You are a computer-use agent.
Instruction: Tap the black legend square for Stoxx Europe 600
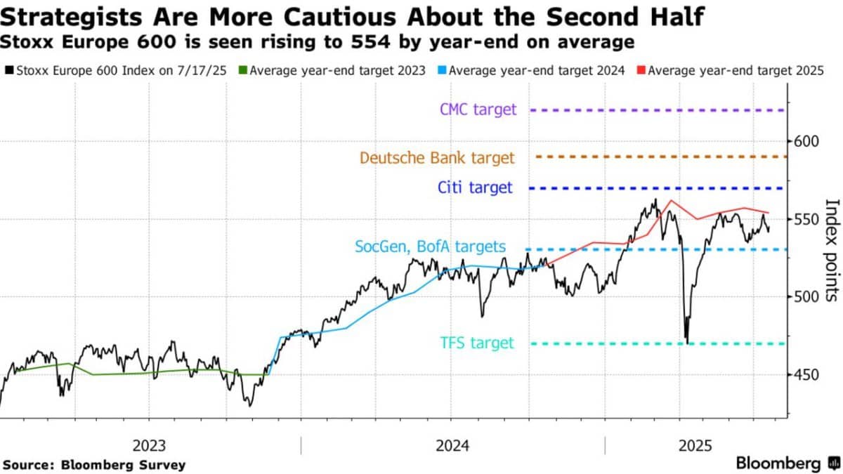(x=9, y=70)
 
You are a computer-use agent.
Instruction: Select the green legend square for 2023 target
(x=243, y=70)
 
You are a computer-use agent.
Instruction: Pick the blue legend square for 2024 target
(x=442, y=70)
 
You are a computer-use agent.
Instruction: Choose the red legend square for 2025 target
(x=641, y=70)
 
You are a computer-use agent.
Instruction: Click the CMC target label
(x=478, y=110)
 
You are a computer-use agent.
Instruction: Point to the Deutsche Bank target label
(x=437, y=157)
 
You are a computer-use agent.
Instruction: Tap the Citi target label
(x=475, y=187)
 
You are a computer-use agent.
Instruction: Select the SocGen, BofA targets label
(x=430, y=246)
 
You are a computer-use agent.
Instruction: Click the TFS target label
(x=477, y=343)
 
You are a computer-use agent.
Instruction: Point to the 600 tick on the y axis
(x=806, y=141)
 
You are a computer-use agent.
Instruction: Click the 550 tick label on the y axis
(x=806, y=219)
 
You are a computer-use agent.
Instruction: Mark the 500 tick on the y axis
(x=806, y=297)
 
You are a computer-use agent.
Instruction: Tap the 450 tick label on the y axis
(x=806, y=375)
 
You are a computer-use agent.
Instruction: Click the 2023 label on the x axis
(x=149, y=446)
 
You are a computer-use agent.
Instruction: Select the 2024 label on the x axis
(x=452, y=446)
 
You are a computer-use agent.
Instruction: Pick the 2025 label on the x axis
(x=695, y=446)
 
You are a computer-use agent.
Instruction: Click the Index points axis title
(x=832, y=250)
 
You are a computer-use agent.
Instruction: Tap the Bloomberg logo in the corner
(x=788, y=463)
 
